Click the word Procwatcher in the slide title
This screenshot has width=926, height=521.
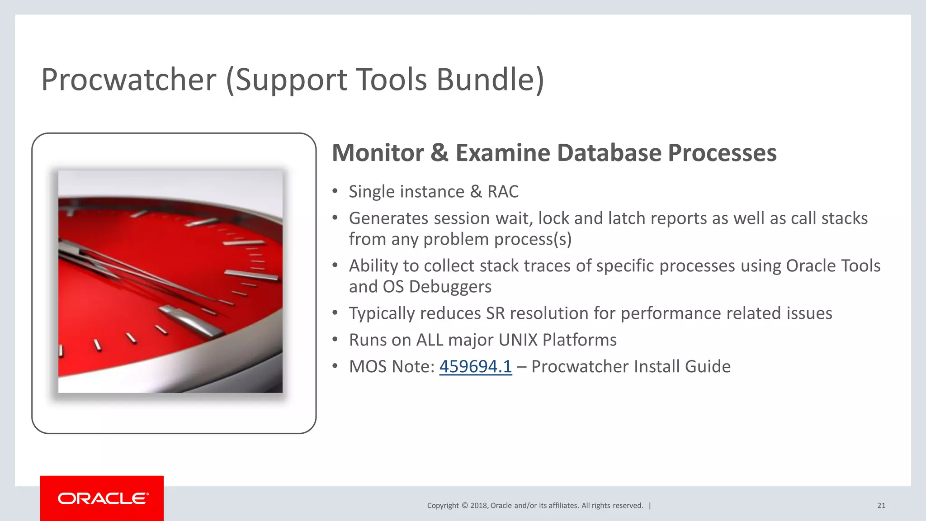click(x=129, y=80)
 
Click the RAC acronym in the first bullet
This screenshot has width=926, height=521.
click(x=503, y=192)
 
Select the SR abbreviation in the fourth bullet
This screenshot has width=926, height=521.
click(x=495, y=313)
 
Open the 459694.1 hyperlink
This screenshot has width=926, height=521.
click(x=475, y=367)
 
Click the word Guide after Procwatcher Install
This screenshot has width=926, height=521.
click(x=708, y=367)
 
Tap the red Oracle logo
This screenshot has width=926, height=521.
click(x=102, y=498)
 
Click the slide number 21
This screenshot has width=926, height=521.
click(x=881, y=506)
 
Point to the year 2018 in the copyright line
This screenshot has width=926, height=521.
click(x=478, y=506)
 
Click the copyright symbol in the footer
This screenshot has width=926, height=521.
click(x=464, y=506)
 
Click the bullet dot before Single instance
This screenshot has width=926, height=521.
click(x=335, y=191)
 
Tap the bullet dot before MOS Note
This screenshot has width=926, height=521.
click(x=335, y=366)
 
